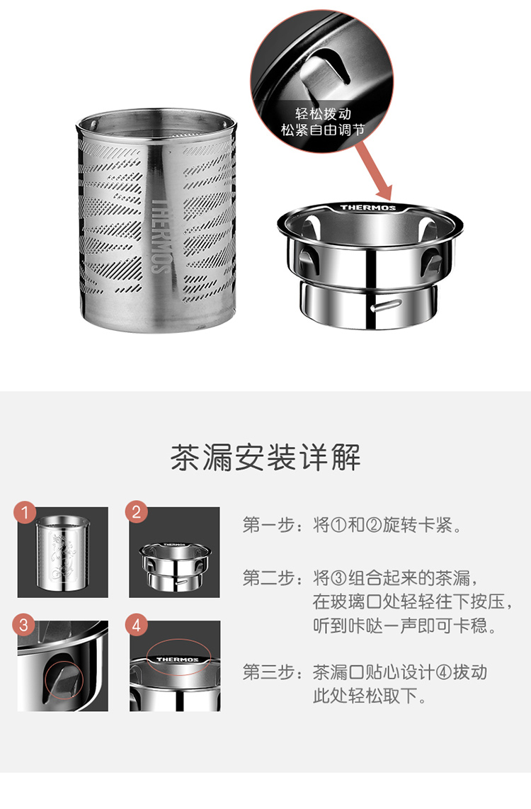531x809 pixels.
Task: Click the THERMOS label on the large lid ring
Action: pyautogui.click(x=368, y=208)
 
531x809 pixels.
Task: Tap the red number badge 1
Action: pyautogui.click(x=25, y=511)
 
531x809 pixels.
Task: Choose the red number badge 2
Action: pyautogui.click(x=137, y=511)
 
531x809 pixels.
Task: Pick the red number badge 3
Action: pyautogui.click(x=25, y=626)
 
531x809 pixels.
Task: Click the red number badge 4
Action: pyautogui.click(x=137, y=626)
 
